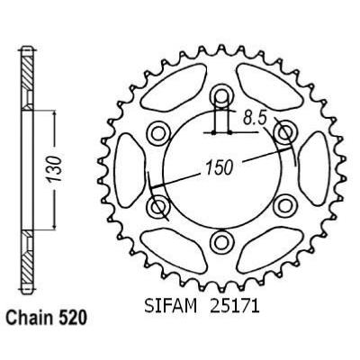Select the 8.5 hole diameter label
[x=255, y=116]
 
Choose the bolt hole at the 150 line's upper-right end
[x=283, y=133]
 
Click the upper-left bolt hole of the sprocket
[x=159, y=133]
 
